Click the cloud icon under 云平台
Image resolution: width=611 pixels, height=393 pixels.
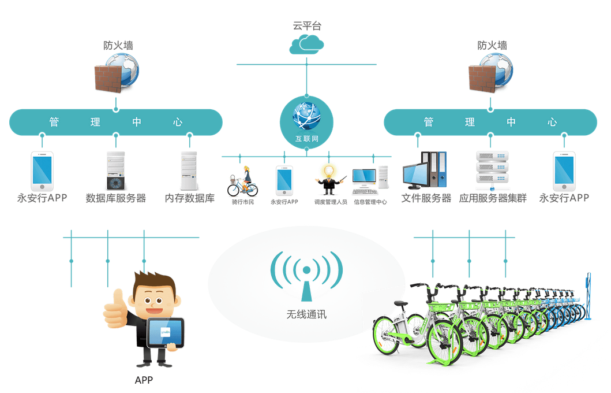pyautogui.click(x=306, y=44)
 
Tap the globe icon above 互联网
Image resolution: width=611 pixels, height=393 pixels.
pyautogui.click(x=306, y=116)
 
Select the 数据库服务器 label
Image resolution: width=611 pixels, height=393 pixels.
pyautogui.click(x=115, y=198)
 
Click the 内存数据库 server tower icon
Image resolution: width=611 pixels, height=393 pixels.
pyautogui.click(x=189, y=170)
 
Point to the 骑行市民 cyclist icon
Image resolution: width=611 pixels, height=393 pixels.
pyautogui.click(x=242, y=181)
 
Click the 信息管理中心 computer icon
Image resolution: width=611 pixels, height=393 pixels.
pyautogui.click(x=370, y=181)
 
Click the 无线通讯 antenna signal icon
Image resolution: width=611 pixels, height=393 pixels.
pyautogui.click(x=306, y=275)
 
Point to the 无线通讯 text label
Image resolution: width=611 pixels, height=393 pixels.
pyautogui.click(x=306, y=314)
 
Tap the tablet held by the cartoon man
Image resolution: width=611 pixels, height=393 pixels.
pyautogui.click(x=165, y=333)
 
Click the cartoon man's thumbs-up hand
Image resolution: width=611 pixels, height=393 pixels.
pyautogui.click(x=115, y=309)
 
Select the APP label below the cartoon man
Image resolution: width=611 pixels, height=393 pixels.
pyautogui.click(x=144, y=380)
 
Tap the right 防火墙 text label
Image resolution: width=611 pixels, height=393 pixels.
pyautogui.click(x=492, y=45)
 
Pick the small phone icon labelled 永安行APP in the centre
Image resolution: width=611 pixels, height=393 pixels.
pyautogui.click(x=284, y=180)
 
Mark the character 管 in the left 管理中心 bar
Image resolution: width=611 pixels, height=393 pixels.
pyautogui.click(x=54, y=122)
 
